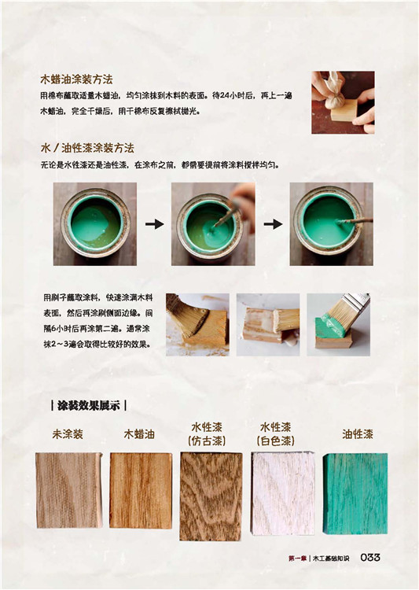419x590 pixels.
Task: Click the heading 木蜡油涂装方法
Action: (x=76, y=79)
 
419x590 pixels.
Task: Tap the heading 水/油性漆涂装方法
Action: (x=87, y=148)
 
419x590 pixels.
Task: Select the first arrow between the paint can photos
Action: (x=155, y=224)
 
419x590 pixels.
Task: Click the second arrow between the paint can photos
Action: (x=273, y=224)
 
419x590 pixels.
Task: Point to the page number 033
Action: (x=370, y=558)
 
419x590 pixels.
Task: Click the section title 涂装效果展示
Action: (x=88, y=406)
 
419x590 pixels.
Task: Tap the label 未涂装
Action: (x=68, y=434)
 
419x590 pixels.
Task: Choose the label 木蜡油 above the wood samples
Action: (x=139, y=434)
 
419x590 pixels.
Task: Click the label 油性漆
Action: (x=358, y=434)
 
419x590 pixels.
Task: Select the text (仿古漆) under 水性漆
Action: (x=207, y=441)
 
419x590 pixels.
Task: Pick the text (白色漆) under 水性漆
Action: (x=276, y=441)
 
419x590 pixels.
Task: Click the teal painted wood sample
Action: (x=355, y=493)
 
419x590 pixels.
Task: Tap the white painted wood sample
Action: (x=282, y=493)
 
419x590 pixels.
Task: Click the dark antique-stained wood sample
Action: (x=211, y=496)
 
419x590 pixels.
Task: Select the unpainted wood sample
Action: (x=69, y=489)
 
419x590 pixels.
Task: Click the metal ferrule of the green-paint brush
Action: (x=357, y=299)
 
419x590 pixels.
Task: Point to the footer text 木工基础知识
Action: (x=331, y=559)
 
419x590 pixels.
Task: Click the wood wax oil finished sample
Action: (x=141, y=490)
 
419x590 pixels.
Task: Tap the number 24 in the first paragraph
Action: (x=225, y=95)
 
